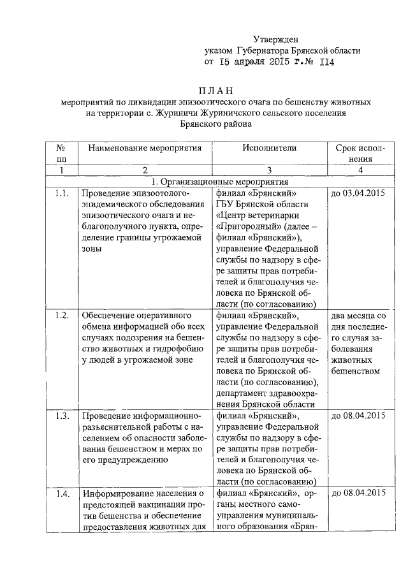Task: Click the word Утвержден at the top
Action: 275,40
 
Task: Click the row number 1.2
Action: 62,316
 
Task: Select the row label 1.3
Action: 62,416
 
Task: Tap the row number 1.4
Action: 62,493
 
